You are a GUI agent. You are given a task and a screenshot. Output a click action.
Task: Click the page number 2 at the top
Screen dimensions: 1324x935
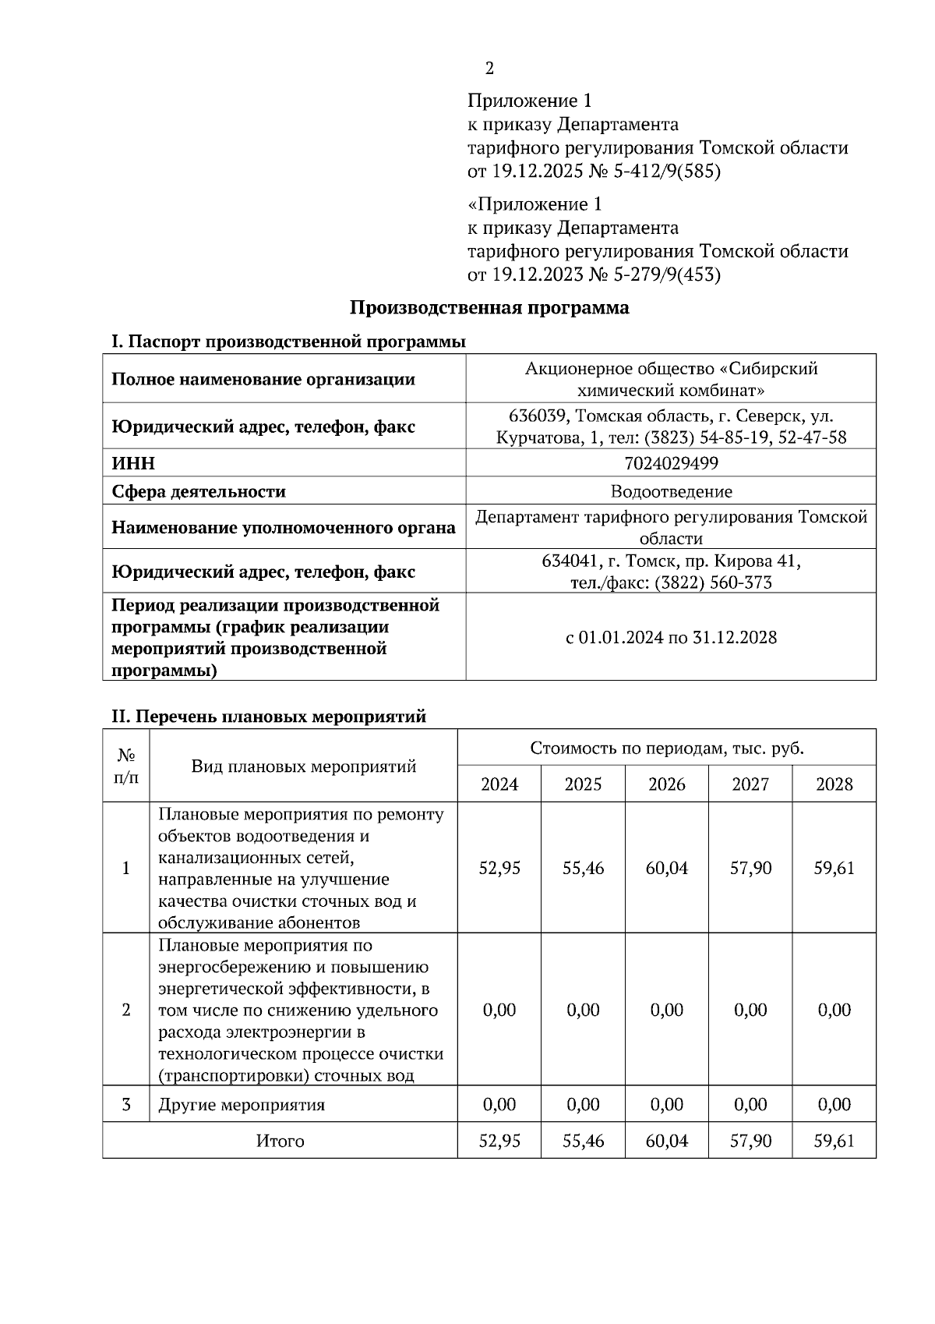[x=489, y=69]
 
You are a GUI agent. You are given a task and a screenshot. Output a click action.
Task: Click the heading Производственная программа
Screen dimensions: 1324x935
[x=489, y=308]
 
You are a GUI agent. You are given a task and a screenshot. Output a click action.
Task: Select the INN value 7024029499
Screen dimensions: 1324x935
[x=671, y=463]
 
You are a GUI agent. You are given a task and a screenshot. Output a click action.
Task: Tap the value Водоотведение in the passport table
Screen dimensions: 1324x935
[x=671, y=491]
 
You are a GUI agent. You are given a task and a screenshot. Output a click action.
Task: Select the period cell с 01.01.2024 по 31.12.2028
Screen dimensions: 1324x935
[x=671, y=637]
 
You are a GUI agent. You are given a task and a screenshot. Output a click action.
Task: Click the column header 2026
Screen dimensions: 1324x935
[x=666, y=784]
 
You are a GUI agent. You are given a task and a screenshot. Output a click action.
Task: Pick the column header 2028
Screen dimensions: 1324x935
[x=834, y=784]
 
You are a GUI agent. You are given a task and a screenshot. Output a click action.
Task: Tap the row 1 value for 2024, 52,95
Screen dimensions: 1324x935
[x=499, y=868]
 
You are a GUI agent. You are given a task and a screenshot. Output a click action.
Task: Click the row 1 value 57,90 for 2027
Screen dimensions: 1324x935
[x=750, y=868]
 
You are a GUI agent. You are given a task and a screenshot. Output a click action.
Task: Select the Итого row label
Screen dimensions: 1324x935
[x=280, y=1141]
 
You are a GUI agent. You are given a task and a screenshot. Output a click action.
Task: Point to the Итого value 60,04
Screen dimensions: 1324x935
[x=666, y=1141]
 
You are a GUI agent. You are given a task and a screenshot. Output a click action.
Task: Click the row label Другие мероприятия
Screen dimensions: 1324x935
[x=242, y=1105]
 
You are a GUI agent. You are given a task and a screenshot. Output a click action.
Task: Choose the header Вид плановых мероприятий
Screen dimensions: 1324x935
[x=303, y=766]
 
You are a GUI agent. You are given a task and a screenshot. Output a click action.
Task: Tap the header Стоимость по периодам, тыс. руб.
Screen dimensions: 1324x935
[x=666, y=749]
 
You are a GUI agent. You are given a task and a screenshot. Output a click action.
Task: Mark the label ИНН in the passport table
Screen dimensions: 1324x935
[x=133, y=463]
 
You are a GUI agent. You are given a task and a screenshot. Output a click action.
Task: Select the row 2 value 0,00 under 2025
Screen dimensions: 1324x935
[x=583, y=1010]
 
